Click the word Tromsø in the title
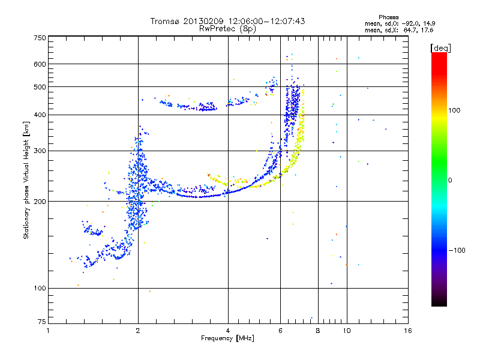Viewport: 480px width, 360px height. [164, 21]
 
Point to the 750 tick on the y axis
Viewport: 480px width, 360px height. [40, 37]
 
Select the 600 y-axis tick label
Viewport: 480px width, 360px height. [40, 64]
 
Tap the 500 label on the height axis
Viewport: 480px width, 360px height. [40, 87]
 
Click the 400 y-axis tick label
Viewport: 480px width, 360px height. [40, 115]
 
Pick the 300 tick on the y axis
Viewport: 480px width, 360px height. [40, 151]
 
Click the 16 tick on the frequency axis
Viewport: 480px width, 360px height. [408, 331]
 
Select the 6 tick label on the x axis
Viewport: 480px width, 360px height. [280, 331]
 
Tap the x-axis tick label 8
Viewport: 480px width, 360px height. [318, 331]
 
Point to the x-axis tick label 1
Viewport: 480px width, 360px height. [48, 331]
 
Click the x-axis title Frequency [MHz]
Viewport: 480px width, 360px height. [228, 338]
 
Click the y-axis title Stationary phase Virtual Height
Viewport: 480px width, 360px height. [26, 180]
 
